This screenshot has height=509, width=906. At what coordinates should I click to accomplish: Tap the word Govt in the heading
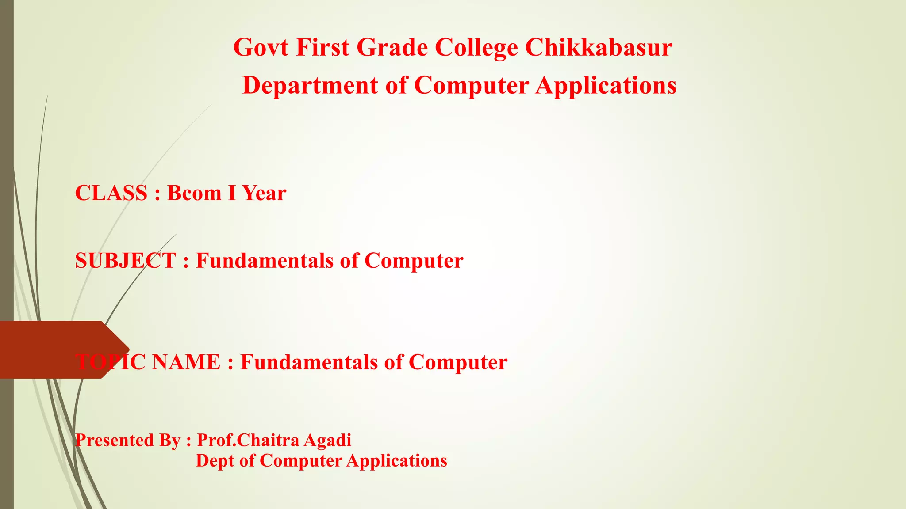click(261, 47)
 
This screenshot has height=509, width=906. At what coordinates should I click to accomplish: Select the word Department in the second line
click(310, 85)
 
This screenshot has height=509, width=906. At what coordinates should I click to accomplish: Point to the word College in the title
click(476, 48)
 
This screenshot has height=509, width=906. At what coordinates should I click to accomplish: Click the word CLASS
click(111, 193)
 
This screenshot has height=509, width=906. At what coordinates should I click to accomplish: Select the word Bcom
click(194, 193)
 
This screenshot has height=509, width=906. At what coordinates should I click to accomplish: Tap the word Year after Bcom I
click(264, 193)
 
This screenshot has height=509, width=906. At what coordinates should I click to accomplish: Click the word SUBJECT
click(126, 261)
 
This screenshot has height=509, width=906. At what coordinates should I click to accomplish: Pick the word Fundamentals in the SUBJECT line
click(265, 261)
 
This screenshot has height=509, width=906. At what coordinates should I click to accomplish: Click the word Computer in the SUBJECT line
click(414, 261)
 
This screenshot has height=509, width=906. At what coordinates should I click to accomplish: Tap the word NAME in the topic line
click(186, 362)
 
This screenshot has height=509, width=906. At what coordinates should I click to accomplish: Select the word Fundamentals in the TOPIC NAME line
click(309, 362)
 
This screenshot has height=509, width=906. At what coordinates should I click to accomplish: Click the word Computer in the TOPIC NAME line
click(458, 363)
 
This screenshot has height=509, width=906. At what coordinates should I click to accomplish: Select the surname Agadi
click(327, 441)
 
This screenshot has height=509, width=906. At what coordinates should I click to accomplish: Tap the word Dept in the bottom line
click(215, 461)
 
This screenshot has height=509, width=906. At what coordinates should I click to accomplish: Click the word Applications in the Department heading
click(606, 86)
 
